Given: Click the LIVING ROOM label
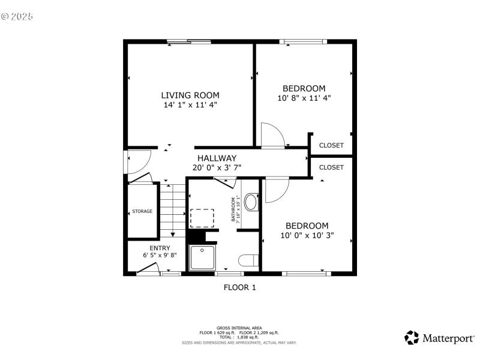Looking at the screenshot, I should point(190,95).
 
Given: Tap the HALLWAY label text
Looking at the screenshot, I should point(217,158).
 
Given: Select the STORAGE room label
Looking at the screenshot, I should point(142,211).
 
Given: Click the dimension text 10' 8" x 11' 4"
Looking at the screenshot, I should point(304,98).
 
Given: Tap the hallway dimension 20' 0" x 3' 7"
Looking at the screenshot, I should point(217,168).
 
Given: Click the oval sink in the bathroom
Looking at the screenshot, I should point(251,202).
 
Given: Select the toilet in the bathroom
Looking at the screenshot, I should point(248,260).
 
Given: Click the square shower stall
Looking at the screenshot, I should point(203,258).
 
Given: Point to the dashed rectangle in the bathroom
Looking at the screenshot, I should point(202,217).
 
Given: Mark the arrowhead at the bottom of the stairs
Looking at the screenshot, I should point(173,234).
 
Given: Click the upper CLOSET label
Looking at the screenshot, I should point(331,145).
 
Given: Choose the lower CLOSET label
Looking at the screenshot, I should point(331,167).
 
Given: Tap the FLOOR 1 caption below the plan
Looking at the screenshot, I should point(239,287).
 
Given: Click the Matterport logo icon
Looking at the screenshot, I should point(412,338).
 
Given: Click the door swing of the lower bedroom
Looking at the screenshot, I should point(277,190).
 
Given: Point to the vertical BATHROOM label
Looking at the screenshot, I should point(234,210).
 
